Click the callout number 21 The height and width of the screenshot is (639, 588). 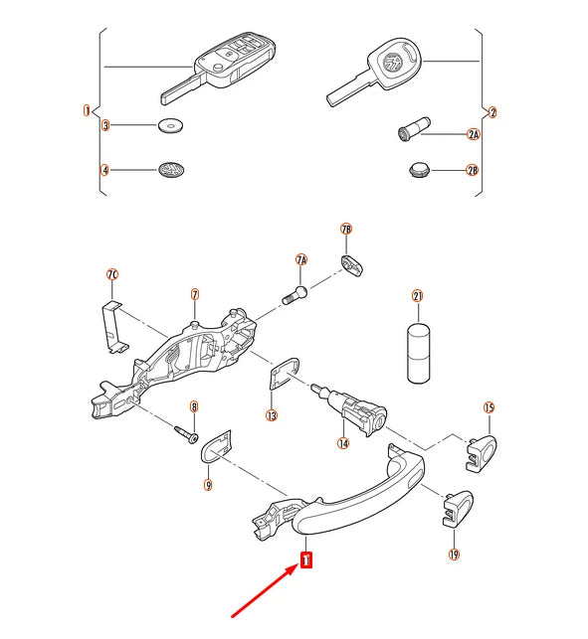point(418,296)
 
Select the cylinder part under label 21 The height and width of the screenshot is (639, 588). point(419,354)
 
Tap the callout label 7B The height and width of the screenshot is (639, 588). point(346,229)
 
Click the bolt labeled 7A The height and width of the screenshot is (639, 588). point(294,295)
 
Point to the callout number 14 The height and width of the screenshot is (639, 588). point(343,443)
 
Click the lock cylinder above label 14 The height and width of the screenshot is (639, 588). point(350,408)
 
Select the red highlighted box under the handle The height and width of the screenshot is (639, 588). point(306,559)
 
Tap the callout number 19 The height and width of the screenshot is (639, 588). point(454,555)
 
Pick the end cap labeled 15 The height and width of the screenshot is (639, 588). point(482,453)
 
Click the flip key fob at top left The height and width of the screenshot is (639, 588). point(218,68)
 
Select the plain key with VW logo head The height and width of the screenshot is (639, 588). point(373,72)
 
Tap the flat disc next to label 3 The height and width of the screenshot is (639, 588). point(170,125)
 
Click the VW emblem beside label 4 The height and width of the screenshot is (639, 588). point(171,170)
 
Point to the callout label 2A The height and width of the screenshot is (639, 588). point(473,134)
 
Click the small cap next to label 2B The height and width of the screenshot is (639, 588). point(419,170)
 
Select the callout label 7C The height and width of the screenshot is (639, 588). point(112,274)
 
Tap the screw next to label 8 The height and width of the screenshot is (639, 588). point(186,434)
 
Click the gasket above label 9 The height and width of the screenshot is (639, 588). point(216,446)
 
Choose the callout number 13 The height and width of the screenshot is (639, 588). point(272,415)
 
